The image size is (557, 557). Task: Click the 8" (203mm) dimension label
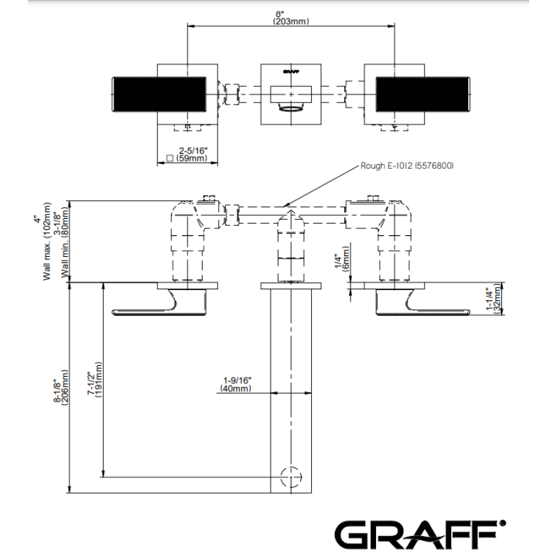coord(291,18)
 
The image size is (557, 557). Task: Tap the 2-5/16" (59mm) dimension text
coord(192,155)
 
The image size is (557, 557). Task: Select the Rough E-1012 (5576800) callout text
coord(407,166)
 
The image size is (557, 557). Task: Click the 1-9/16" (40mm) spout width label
coord(236,384)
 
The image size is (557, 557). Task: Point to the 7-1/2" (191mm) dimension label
coord(95,380)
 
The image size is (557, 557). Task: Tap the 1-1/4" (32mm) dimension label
coord(495,299)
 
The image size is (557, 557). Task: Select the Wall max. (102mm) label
coord(47,241)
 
